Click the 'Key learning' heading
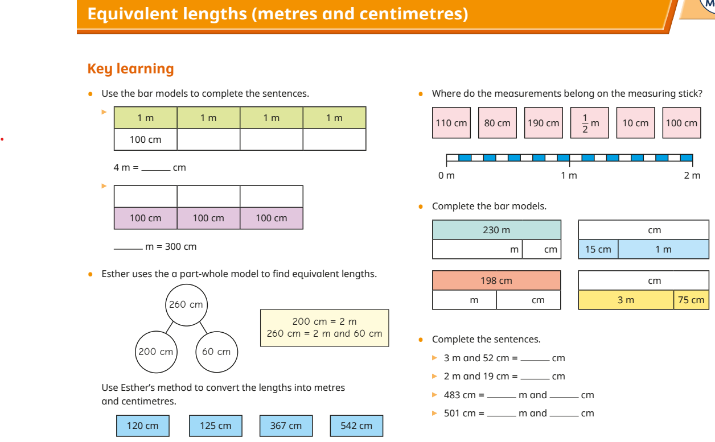(x=130, y=69)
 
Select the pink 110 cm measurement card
(x=451, y=123)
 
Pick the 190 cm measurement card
(x=544, y=123)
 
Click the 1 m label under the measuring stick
(x=569, y=175)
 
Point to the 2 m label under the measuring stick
(x=692, y=175)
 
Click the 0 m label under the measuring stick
(x=446, y=175)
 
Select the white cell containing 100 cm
(x=146, y=139)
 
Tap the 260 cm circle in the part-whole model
(x=186, y=305)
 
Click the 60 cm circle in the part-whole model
(x=216, y=352)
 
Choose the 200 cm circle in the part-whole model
(x=156, y=352)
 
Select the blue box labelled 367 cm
(x=286, y=426)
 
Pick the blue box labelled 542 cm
(x=356, y=426)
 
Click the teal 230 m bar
(x=496, y=230)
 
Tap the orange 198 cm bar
(x=496, y=280)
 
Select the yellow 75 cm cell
(x=691, y=300)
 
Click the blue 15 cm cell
(x=598, y=249)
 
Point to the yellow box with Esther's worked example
(x=324, y=328)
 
